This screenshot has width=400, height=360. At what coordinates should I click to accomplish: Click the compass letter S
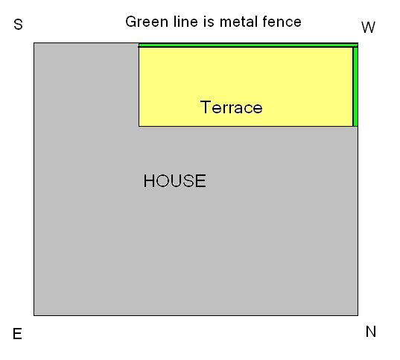coord(18,25)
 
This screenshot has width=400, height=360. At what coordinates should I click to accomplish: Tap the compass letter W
coord(368,28)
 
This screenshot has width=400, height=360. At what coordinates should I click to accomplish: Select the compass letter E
coord(17,334)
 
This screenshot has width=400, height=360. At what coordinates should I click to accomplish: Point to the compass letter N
coord(371,332)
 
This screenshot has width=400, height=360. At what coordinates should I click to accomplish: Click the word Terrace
coord(232,107)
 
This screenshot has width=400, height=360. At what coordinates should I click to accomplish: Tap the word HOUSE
coord(175,181)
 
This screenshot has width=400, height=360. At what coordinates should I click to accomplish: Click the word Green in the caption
coord(147,22)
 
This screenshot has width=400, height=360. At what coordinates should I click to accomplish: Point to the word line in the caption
coord(185,22)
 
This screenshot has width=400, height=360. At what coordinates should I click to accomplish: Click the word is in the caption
coord(209,22)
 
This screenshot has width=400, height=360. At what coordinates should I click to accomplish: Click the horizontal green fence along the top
coord(248,45)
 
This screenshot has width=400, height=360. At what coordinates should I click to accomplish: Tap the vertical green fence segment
coord(355,86)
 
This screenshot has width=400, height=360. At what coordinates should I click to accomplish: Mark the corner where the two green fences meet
coord(355,45)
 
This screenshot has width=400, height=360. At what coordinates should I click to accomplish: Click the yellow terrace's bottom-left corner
coord(139,126)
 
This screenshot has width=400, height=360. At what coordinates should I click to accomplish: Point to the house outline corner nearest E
coord(34,315)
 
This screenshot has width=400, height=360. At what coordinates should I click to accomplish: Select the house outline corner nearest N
coord(358,315)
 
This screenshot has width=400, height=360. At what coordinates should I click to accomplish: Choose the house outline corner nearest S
coord(34,43)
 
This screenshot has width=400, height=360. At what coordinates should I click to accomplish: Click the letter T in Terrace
coord(206,107)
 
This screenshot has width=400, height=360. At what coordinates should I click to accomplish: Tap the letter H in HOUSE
coord(148,181)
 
